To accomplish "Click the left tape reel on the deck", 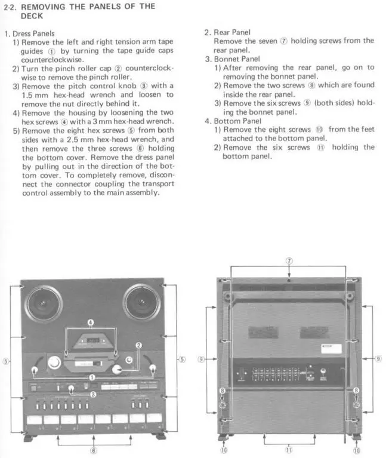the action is [x=44, y=304].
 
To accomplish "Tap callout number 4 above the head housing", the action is [x=91, y=322].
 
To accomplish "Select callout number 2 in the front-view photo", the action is [x=138, y=345].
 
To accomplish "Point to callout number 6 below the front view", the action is [x=93, y=450].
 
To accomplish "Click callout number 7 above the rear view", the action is [x=289, y=260].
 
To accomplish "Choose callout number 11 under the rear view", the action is [x=289, y=450].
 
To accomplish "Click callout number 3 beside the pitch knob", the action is [x=93, y=394].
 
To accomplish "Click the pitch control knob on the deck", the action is [x=71, y=388].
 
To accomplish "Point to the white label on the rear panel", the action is [x=331, y=349].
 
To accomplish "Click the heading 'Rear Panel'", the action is [x=232, y=32].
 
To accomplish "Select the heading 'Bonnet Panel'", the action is [x=237, y=59].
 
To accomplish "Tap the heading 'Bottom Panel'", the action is [x=237, y=121].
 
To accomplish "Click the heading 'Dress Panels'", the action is [x=33, y=33].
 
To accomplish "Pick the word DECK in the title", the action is [x=32, y=16].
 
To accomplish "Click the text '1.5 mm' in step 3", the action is [x=35, y=95].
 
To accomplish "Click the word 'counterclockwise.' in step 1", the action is [x=53, y=60].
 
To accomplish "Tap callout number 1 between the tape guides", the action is [x=92, y=377].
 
